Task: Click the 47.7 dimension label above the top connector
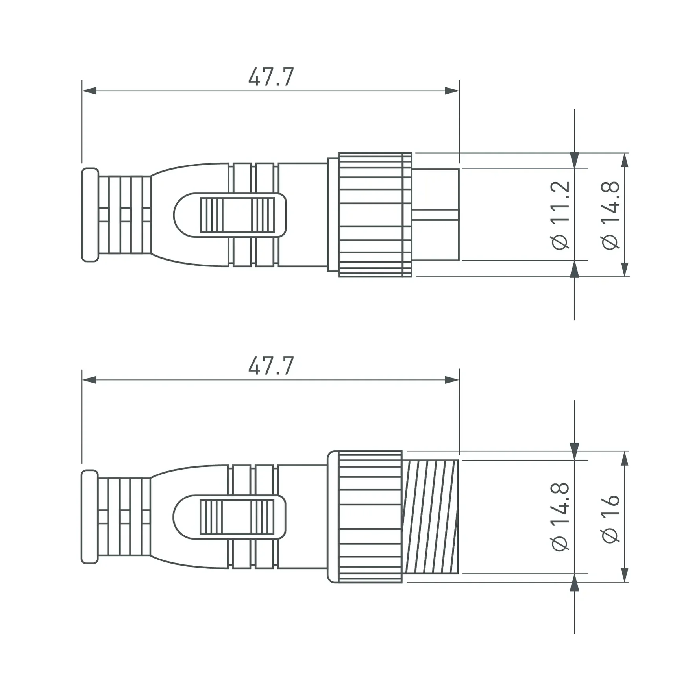coord(271,77)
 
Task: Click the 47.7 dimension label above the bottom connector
coord(271,366)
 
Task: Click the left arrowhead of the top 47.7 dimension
coord(89,91)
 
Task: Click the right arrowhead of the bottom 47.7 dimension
coord(452,380)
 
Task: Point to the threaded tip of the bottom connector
coord(431,516)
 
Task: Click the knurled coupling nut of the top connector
coord(375,215)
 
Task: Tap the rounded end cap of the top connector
coord(90,215)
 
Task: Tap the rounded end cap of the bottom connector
coord(89,516)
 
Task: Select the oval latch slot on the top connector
coord(230,215)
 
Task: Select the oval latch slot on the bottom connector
coord(229,516)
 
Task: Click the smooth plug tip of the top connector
coord(436,215)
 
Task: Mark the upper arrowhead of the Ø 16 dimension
coord(625,459)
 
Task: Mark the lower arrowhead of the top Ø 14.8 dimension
coord(625,269)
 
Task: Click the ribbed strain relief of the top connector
coord(124,215)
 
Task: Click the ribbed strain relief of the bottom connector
coord(124,516)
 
